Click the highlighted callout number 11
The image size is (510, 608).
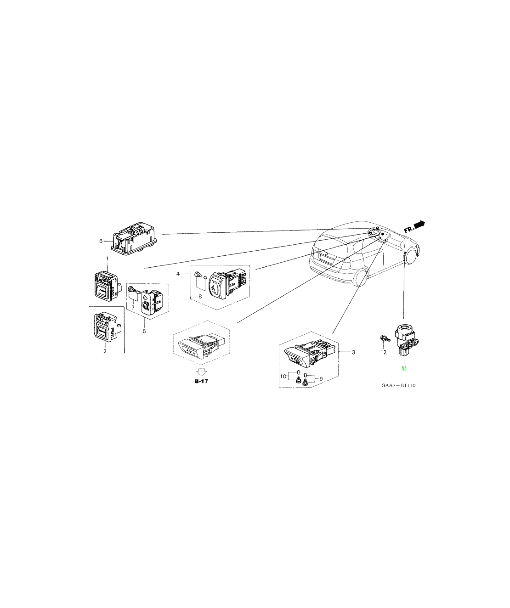tap(404, 368)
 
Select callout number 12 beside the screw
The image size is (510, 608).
tap(384, 352)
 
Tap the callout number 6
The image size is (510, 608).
tap(101, 241)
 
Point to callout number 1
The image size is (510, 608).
tap(107, 258)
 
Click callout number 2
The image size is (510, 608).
tap(105, 351)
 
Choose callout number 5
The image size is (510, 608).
tap(144, 332)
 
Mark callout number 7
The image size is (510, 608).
tap(133, 308)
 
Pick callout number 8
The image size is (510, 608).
tap(200, 297)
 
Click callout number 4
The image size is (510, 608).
tap(178, 274)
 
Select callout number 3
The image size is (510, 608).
tap(353, 352)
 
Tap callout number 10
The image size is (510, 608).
tap(283, 377)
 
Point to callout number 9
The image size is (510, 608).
tap(321, 379)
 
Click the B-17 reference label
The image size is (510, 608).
tap(201, 381)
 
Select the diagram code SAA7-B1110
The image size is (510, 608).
tap(399, 386)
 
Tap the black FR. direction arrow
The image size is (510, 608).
tap(419, 224)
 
